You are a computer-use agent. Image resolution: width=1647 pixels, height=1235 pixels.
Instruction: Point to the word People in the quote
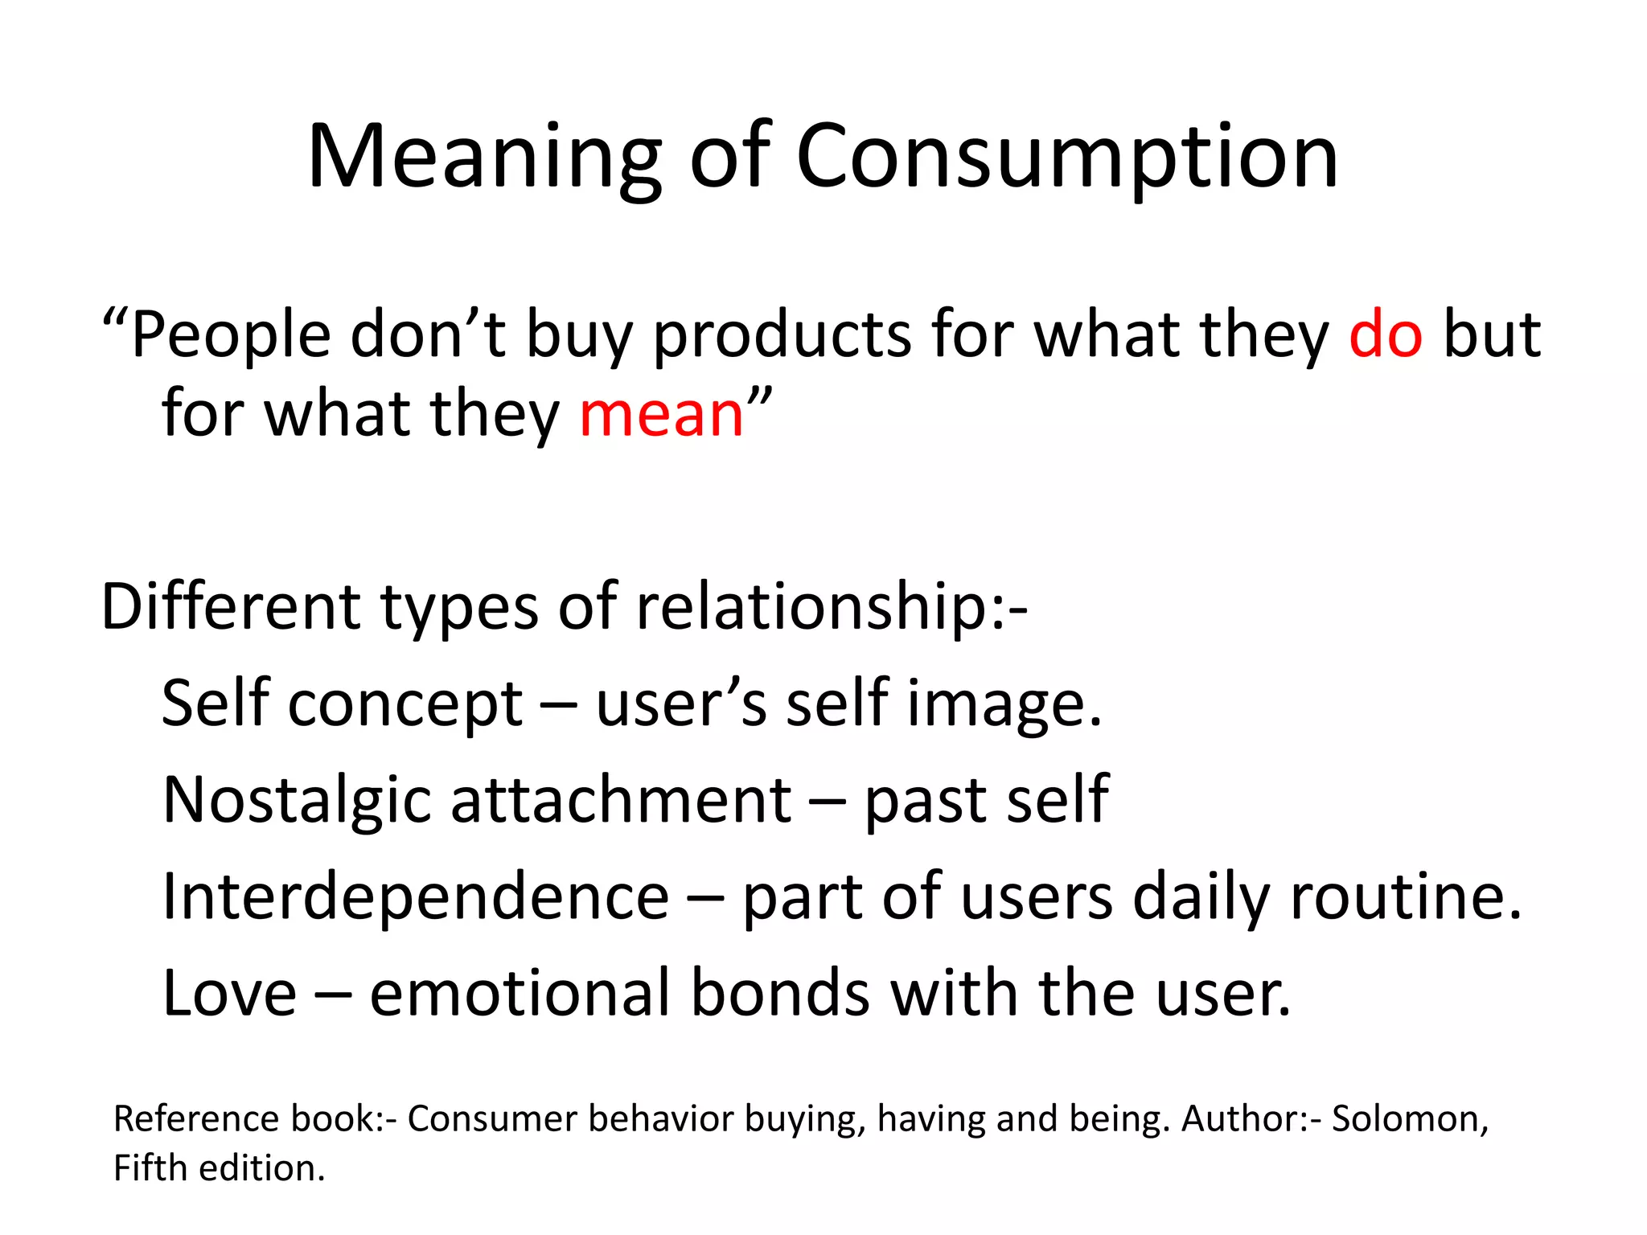(231, 335)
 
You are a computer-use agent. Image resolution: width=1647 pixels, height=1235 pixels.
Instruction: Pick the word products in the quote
(782, 335)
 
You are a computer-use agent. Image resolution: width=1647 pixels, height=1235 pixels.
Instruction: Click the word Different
(230, 606)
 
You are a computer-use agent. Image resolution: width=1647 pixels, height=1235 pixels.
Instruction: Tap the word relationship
(812, 608)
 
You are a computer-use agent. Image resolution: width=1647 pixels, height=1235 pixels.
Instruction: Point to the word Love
(230, 993)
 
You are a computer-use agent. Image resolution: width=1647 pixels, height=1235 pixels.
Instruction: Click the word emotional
(520, 993)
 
